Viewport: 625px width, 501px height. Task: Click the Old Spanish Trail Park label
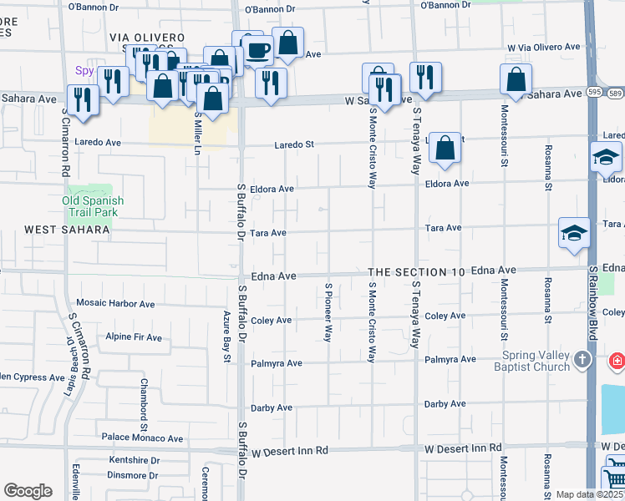click(93, 206)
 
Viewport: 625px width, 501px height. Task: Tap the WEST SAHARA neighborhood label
click(67, 230)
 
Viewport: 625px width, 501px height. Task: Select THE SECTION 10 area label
click(416, 272)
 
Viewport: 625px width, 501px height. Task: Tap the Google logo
click(28, 491)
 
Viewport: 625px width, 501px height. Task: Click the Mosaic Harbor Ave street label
click(115, 303)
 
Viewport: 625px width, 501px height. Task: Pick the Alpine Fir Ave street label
click(134, 337)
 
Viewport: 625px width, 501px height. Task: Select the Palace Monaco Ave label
click(142, 438)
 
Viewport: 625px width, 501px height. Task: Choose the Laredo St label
click(295, 144)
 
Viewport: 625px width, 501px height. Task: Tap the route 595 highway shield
click(592, 92)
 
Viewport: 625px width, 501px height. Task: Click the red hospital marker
click(617, 362)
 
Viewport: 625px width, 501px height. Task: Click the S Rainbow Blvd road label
click(592, 302)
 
